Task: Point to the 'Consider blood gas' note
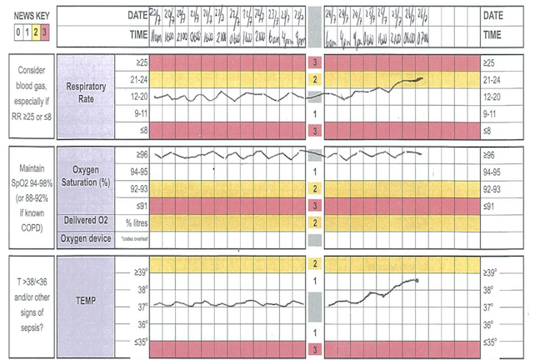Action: tap(28, 91)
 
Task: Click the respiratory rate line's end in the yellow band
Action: tap(422, 79)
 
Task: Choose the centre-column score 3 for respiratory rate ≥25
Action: tap(314, 62)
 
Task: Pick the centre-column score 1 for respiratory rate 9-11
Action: tap(314, 113)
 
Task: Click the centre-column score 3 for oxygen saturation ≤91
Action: tap(314, 204)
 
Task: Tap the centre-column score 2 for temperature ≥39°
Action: tap(314, 263)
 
